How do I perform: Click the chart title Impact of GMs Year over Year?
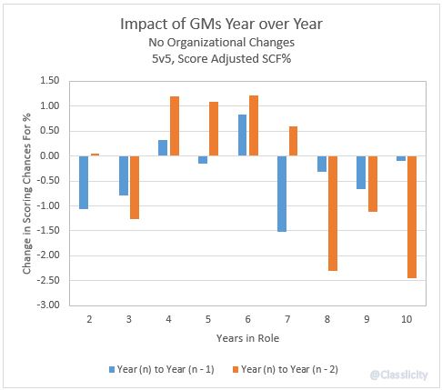pos(221,25)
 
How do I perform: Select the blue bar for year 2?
pos(84,182)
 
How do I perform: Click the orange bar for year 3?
pos(135,187)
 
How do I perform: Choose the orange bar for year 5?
pos(214,128)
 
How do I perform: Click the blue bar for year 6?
pos(243,135)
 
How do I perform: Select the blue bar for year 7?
pos(283,193)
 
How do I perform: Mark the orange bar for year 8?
pos(333,213)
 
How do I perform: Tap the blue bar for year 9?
pos(362,172)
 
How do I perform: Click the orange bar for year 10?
pos(413,216)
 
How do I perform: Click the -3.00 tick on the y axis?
pos(47,305)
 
